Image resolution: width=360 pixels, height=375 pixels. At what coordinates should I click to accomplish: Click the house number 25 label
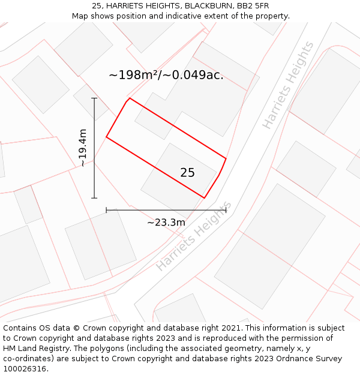click(x=187, y=173)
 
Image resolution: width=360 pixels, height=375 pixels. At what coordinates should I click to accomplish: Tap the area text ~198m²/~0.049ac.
click(x=166, y=75)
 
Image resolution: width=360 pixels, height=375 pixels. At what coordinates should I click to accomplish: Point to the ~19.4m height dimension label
click(x=83, y=148)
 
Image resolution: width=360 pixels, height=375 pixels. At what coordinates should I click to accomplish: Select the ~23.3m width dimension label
click(x=166, y=223)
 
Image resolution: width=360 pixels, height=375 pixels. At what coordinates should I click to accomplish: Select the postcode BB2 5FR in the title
click(x=253, y=6)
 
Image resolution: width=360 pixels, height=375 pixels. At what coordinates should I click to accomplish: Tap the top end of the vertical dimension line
click(x=94, y=98)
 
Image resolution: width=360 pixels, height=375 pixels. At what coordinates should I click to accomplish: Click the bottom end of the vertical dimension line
click(x=94, y=198)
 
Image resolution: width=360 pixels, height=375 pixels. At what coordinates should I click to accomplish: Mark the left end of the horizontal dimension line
click(x=106, y=210)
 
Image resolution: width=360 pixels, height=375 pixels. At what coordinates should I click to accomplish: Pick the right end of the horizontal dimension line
click(x=226, y=210)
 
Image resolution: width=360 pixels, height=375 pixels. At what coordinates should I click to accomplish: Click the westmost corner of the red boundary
click(x=106, y=137)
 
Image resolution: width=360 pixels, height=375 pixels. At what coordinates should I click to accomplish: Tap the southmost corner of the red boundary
click(x=205, y=198)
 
